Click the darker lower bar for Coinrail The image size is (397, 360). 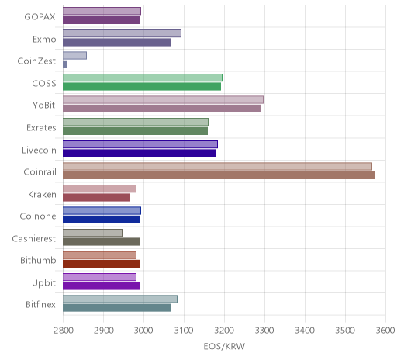coord(219,175)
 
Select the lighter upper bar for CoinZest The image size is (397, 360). coord(74,56)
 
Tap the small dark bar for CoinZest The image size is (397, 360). coord(65,64)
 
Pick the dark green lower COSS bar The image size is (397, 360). coord(142,87)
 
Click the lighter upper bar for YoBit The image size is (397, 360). coord(163,100)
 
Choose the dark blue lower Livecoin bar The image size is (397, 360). coord(140,154)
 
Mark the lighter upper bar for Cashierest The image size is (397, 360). coord(92,233)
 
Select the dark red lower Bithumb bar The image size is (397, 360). coord(102,264)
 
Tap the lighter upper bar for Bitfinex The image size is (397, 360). coord(120,299)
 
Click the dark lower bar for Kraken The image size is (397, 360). coord(97,198)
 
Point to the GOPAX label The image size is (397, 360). coord(40,17)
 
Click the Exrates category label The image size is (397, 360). coord(41,128)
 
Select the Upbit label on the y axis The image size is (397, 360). coord(43,283)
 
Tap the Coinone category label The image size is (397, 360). coord(38,216)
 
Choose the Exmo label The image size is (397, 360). coord(44,40)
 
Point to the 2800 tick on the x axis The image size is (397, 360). coord(64,331)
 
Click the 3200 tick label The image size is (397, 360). coord(225,331)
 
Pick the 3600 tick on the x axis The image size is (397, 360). coord(385,331)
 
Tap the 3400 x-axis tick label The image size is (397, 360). coord(305,331)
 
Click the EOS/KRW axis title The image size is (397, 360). coord(224,346)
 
